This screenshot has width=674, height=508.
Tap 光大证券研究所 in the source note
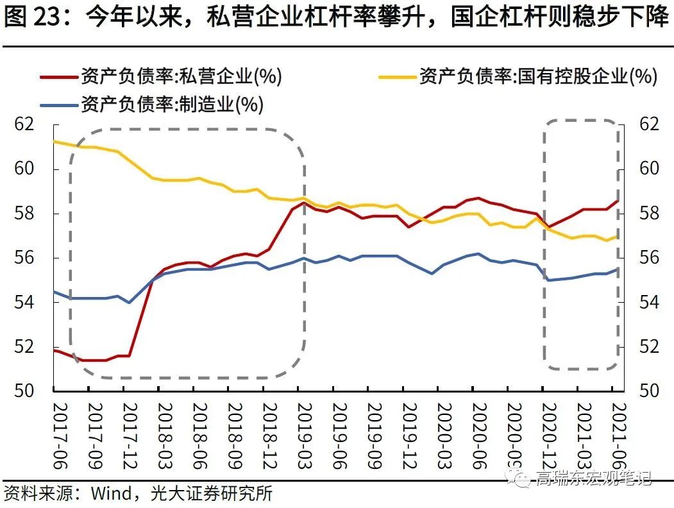point(212,493)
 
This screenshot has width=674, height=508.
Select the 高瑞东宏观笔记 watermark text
point(593,478)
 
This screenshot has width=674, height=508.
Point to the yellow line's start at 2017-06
point(53,141)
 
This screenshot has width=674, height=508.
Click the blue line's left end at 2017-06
point(53,291)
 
